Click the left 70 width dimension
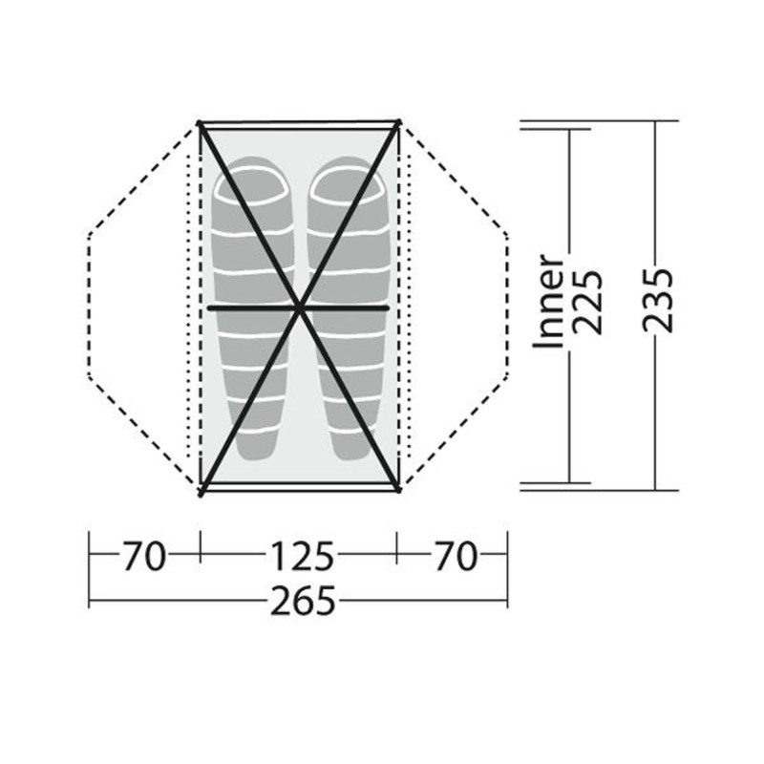144,556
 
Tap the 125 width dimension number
302,556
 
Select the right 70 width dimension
456,556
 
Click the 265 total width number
303,601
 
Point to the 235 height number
658,300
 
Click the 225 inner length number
587,302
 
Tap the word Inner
549,301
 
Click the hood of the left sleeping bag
252,181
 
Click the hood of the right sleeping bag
347,181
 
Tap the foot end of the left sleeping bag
257,447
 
